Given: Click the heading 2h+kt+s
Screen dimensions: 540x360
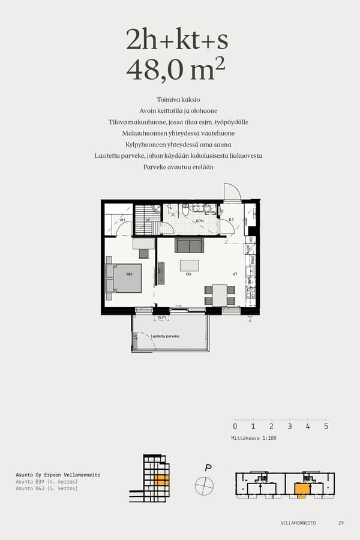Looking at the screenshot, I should (x=177, y=40).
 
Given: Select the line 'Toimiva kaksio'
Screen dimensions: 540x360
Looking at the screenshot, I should (x=179, y=100).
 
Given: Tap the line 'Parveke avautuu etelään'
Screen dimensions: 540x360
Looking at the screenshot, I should (x=178, y=167).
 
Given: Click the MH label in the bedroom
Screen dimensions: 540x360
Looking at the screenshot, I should (x=128, y=274).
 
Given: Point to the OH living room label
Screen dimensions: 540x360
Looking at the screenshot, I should (x=188, y=274).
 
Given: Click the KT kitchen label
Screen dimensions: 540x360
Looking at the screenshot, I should (x=235, y=274).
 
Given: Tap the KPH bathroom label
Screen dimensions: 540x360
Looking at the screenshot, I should (x=199, y=221).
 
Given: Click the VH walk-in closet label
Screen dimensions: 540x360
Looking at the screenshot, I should (x=122, y=220).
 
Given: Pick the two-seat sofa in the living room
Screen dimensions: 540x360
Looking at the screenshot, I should (x=189, y=245).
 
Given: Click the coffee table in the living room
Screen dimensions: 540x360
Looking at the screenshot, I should (x=189, y=265).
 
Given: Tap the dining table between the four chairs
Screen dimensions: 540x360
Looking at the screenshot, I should (x=220, y=295).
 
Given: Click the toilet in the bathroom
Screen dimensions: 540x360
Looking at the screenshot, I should (x=186, y=209).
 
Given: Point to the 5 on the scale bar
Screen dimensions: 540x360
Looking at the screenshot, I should (x=326, y=427).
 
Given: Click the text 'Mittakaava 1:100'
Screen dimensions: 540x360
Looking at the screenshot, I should (x=253, y=438).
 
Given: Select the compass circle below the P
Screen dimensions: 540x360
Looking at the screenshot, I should (x=204, y=485).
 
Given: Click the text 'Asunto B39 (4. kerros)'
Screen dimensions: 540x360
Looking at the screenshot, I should (x=47, y=482).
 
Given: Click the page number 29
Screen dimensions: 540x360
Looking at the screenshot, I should (x=341, y=523).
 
